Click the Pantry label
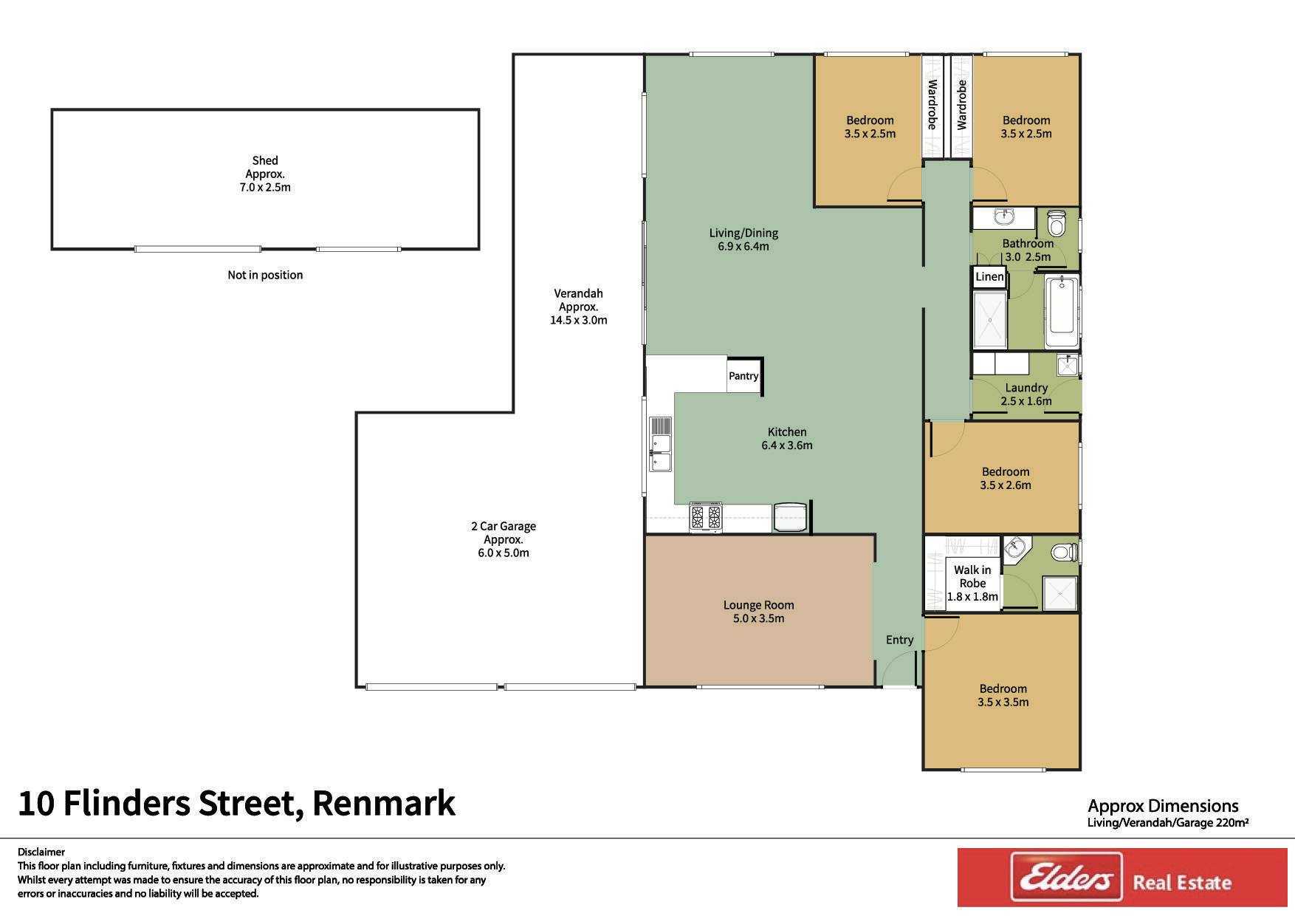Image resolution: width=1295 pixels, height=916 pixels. coord(743,376)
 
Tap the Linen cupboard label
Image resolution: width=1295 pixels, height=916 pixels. coord(989,277)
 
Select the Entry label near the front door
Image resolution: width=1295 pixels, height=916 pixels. coord(899,640)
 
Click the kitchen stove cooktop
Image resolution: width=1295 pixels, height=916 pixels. coord(706,517)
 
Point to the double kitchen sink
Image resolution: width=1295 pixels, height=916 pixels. coord(660,444)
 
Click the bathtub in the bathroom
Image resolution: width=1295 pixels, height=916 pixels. coord(1062,310)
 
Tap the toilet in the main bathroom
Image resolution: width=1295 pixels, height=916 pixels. coord(1057,222)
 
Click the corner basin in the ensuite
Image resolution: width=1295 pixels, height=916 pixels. coord(1014,548)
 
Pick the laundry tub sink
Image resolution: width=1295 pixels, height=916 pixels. coord(1067,365)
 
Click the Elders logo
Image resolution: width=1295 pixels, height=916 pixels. coord(1066,878)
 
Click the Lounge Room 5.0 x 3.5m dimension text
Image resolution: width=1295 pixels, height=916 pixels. coord(758,618)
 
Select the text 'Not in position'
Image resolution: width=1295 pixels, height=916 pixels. coord(265,275)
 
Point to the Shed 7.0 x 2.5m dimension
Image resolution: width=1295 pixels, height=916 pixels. coord(265,188)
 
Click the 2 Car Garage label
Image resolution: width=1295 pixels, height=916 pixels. coord(504,526)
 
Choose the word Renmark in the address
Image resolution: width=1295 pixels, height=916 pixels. coord(383,803)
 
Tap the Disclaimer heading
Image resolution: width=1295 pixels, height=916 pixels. coord(41,852)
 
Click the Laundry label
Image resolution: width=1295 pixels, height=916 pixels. coord(1026,388)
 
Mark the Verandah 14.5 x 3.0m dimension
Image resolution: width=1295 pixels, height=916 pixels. coord(579,320)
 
